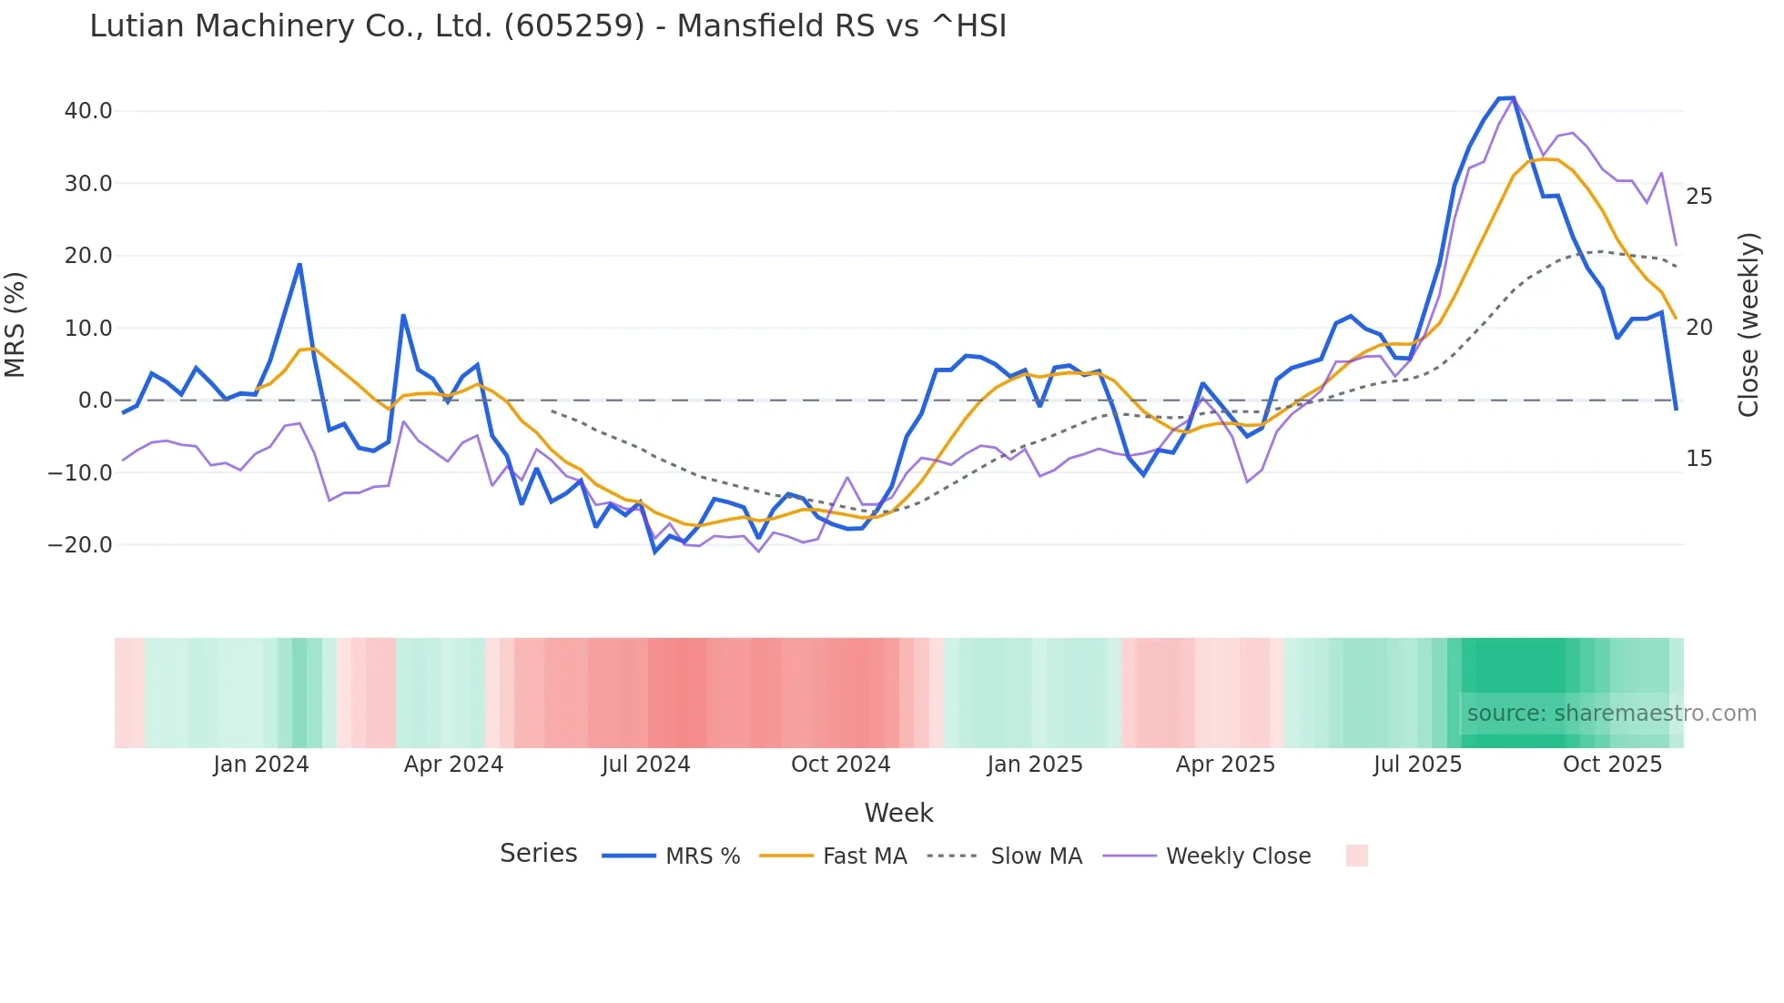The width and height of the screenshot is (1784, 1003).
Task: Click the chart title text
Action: (x=548, y=26)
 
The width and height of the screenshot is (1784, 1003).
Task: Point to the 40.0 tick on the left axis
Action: (x=88, y=111)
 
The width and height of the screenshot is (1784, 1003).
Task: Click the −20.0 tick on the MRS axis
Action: (x=81, y=545)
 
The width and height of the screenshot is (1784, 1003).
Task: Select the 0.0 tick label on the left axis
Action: (x=96, y=400)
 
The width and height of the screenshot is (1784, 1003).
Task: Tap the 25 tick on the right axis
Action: (x=1698, y=197)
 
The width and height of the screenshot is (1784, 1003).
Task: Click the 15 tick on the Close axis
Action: (x=1698, y=459)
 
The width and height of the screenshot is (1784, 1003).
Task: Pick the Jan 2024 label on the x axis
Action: (x=261, y=765)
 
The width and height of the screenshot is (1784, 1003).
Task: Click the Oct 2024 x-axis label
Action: (x=840, y=765)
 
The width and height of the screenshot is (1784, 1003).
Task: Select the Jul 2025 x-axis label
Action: (x=1417, y=765)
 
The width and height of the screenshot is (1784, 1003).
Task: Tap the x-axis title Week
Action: (x=898, y=813)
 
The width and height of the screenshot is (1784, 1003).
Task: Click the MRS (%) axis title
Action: (x=15, y=324)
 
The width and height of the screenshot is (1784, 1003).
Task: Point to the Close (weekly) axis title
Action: (x=1748, y=324)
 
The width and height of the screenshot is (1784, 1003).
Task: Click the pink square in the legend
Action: (x=1356, y=856)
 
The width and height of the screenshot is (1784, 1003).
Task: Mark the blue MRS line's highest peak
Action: (x=1512, y=98)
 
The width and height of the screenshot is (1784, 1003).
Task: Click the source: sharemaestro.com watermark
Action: (x=1611, y=714)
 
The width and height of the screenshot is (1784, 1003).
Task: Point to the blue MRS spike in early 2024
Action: (x=299, y=265)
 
